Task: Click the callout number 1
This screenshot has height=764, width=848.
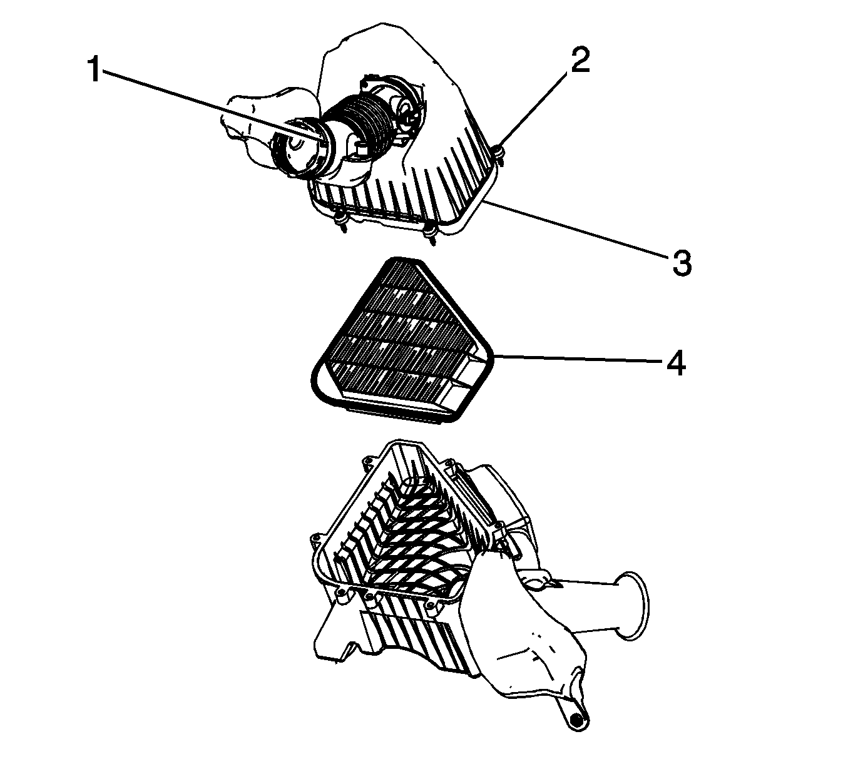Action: [95, 69]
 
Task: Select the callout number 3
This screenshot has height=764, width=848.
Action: [682, 263]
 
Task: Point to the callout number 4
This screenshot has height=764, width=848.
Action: [676, 363]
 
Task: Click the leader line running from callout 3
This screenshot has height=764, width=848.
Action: [575, 228]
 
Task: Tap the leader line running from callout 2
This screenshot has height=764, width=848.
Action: [534, 110]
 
